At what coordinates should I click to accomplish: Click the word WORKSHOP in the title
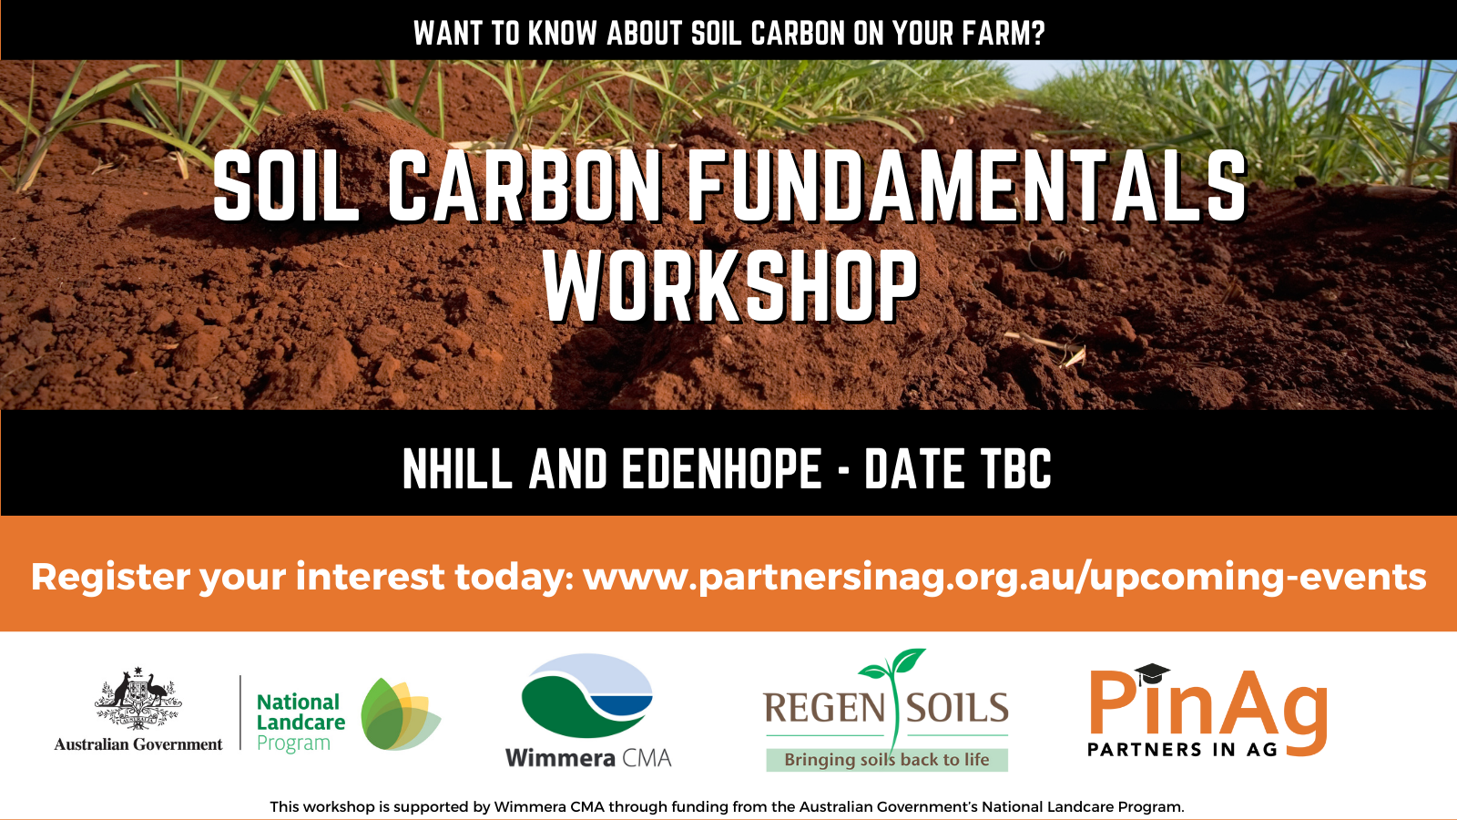point(730,285)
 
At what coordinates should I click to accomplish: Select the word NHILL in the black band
point(457,468)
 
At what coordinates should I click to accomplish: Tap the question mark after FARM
point(1037,33)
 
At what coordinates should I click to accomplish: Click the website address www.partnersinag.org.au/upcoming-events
point(1004,578)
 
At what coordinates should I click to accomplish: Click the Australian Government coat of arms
point(138,698)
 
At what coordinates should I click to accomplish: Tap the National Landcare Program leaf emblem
point(400,714)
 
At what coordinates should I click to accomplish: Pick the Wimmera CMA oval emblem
point(586,695)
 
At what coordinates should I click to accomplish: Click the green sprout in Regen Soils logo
point(893,689)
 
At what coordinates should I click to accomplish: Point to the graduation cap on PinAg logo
point(1152,673)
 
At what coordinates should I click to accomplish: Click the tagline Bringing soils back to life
point(887,760)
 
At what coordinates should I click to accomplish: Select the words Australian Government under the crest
point(138,744)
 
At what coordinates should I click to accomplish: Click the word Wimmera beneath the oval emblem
point(560,758)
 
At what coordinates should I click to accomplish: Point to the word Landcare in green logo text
point(301,723)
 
